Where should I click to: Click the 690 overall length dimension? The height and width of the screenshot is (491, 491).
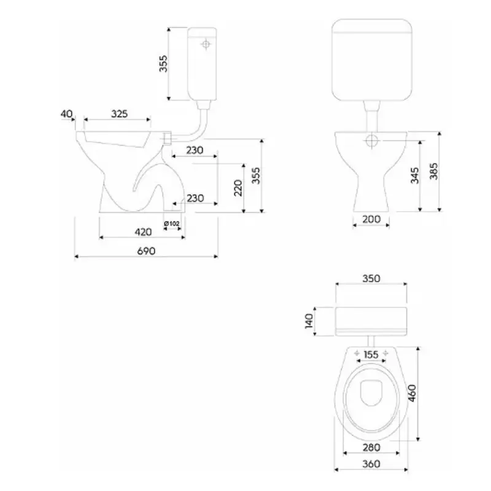coord(146,251)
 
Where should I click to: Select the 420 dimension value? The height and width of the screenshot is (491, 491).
coord(143,232)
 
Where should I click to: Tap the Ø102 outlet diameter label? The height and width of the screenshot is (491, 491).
coord(172,223)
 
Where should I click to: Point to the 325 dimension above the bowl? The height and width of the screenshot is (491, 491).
coord(119,114)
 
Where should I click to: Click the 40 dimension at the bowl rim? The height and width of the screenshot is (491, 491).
coord(66,114)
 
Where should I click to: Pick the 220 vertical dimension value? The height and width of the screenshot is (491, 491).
coord(238,188)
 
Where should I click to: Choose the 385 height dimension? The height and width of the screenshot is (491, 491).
coord(434,171)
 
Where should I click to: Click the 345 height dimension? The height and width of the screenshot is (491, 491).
coord(415,176)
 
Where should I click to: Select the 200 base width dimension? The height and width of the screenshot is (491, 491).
coord(371,219)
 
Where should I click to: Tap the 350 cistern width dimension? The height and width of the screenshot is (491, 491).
coord(371,279)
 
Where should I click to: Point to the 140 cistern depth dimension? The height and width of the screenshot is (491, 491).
coord(309,321)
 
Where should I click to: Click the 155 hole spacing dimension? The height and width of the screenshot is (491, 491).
coord(371,355)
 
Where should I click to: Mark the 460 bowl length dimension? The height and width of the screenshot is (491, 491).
coord(412,393)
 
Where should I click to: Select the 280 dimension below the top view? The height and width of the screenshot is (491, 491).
coord(371,447)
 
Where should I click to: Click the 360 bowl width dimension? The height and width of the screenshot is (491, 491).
coord(371,464)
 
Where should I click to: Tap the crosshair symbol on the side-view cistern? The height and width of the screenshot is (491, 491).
coord(206,45)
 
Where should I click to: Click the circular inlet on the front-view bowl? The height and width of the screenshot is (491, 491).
coord(372,141)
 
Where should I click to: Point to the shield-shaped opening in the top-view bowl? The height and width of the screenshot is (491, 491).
coord(371,393)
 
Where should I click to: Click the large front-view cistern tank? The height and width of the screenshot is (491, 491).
coord(371,60)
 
